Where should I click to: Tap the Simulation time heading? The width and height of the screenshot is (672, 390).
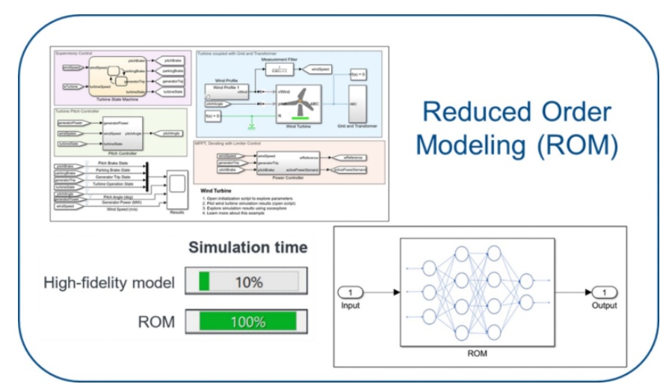click(247, 248)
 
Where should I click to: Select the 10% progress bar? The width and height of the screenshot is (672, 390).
click(247, 283)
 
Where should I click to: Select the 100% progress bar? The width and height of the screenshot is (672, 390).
click(247, 322)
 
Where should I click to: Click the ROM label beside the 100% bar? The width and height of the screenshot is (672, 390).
click(158, 322)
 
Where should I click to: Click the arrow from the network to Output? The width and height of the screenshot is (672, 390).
click(571, 293)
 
